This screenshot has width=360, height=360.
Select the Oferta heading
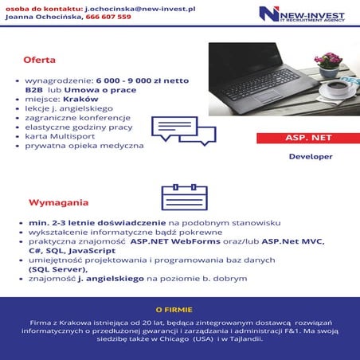point(39,60)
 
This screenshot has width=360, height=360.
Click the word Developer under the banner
point(311,157)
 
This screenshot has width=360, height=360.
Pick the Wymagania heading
point(59,203)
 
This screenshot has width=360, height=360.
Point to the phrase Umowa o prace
point(103,90)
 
